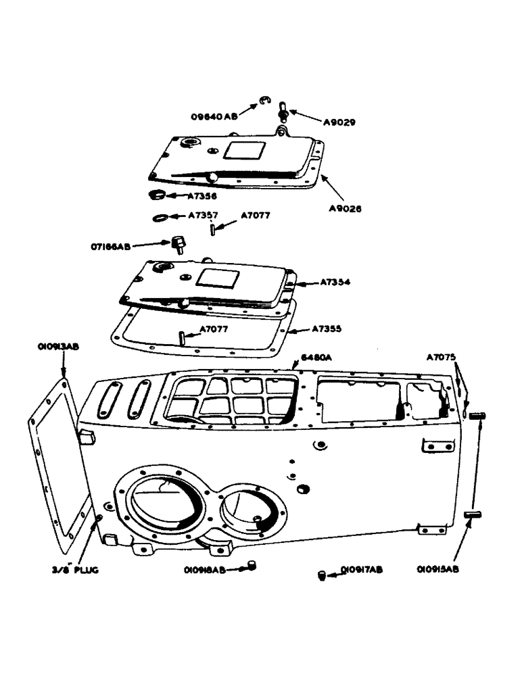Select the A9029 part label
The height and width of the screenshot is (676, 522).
341,123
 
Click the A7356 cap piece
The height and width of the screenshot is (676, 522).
156,196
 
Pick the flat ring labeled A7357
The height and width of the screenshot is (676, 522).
162,218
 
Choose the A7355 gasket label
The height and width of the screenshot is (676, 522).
327,329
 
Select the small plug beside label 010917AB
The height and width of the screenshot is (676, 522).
323,575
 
